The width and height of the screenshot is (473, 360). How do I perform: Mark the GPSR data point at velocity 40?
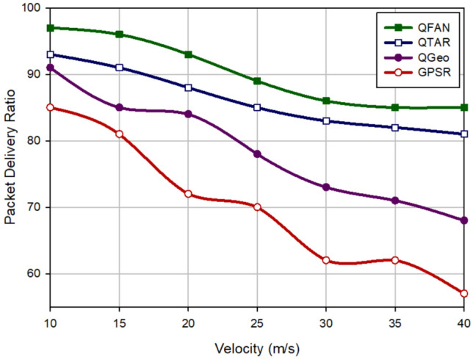[464, 293]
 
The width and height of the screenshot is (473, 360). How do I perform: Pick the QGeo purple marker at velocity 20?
[189, 114]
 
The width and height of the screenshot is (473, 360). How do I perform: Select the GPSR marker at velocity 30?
[326, 260]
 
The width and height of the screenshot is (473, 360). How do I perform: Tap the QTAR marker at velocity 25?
[257, 107]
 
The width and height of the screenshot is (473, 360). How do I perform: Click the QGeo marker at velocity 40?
[464, 220]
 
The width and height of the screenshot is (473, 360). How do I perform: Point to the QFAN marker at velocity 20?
[189, 54]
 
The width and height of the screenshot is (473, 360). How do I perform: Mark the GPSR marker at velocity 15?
[120, 134]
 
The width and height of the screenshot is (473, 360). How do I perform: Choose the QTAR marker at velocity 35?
[395, 127]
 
